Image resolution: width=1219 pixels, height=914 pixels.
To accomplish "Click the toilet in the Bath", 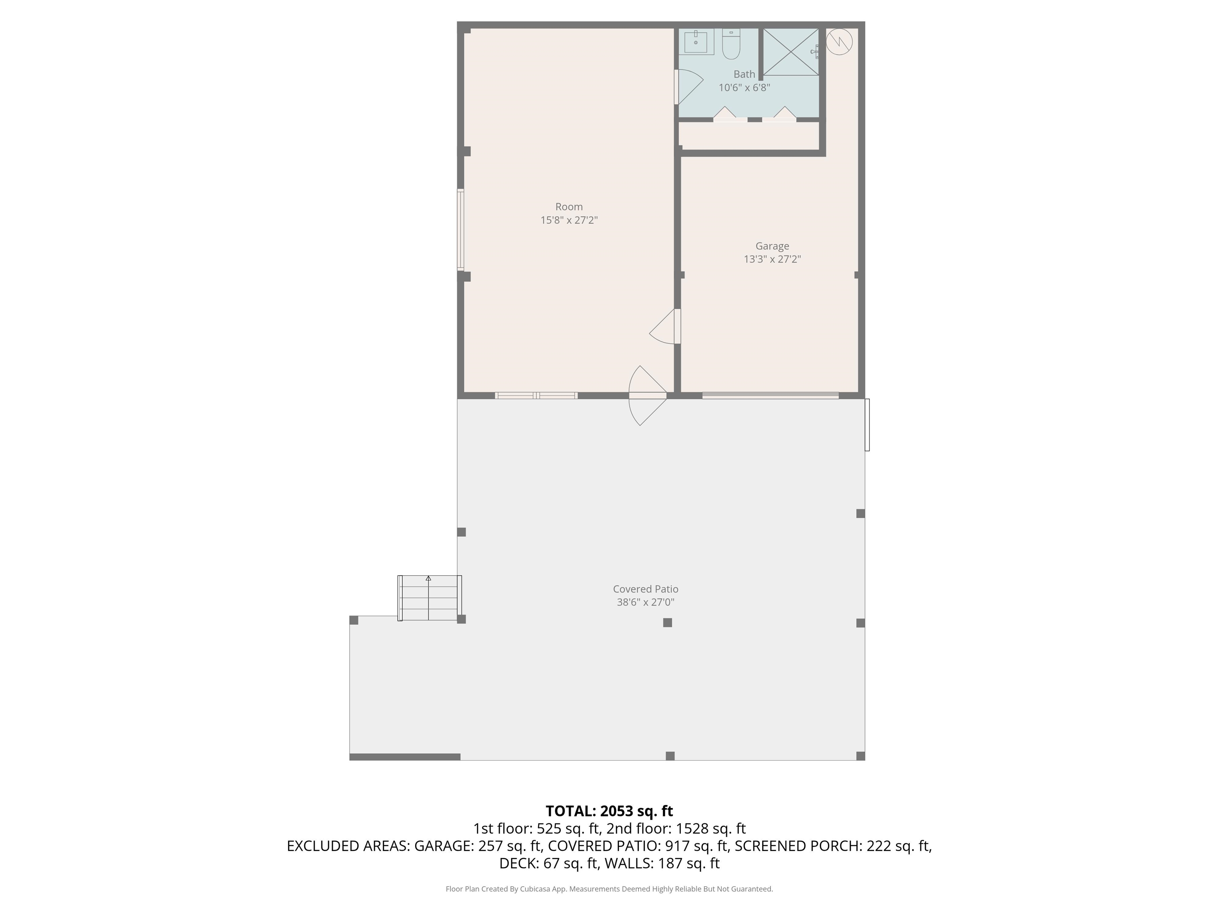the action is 731,44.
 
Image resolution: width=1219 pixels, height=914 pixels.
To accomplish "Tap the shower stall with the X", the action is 791,52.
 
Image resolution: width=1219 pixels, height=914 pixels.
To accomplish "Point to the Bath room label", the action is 744,74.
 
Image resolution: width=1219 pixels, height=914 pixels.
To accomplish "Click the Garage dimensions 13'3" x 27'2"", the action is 772,259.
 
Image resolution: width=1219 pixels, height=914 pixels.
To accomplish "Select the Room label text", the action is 569,207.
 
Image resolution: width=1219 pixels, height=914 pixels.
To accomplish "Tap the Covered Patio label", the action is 645,589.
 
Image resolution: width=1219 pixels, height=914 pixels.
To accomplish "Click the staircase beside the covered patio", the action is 430,598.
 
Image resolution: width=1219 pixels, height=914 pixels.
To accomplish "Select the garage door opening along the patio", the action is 771,395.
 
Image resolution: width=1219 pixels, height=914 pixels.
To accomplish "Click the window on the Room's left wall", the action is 461,230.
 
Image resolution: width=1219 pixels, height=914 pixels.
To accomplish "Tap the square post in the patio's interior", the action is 667,622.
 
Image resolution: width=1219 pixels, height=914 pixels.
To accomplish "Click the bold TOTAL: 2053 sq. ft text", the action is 609,811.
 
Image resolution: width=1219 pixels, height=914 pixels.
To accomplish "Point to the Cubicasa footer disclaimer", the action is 609,889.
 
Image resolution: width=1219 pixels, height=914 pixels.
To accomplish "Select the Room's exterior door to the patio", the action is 648,396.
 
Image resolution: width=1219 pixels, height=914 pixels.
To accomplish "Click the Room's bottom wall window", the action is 536,395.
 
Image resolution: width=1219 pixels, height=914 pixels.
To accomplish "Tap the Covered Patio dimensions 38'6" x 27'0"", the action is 645,602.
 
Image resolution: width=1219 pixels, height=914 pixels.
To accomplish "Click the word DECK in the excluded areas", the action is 519,863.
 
